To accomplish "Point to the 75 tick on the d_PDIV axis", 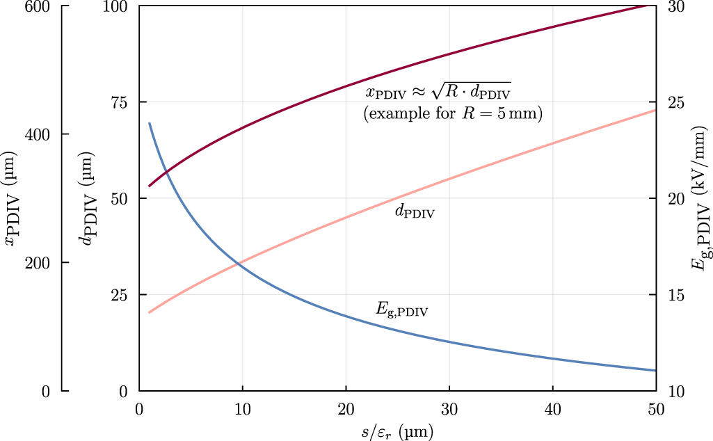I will tap(119, 102).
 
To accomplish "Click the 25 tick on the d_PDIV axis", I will tap(119, 294).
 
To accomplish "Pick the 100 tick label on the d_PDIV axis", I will tap(116, 6).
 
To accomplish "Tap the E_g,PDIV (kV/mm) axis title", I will tap(701, 198).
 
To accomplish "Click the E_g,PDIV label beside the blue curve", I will tap(402, 310).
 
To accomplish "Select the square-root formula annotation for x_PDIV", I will tap(438, 91).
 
